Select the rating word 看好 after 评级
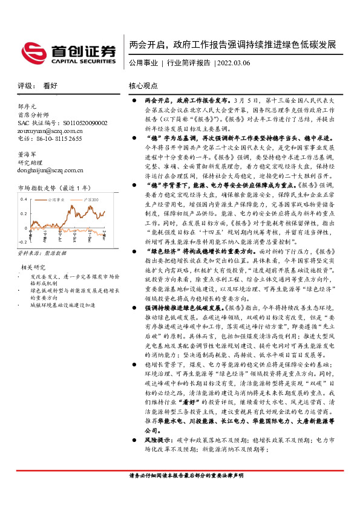[x=49, y=85]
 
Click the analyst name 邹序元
[x=27, y=106]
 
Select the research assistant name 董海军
[x=27, y=154]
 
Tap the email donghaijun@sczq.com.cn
[x=51, y=170]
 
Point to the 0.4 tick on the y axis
[x=24, y=199]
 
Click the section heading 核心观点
[x=143, y=86]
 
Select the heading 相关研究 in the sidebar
[x=33, y=267]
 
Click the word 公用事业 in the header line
[x=143, y=63]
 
